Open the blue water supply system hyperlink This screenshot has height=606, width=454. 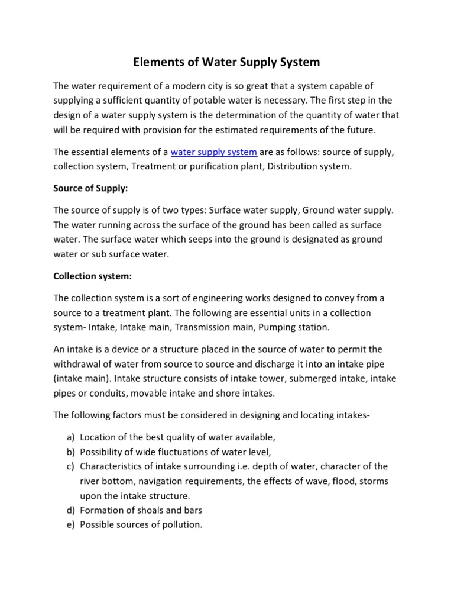click(213, 152)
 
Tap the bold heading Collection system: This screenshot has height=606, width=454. click(91, 276)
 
